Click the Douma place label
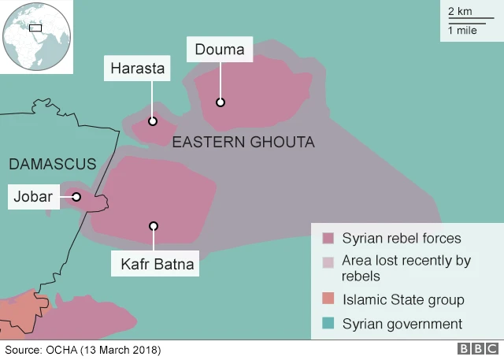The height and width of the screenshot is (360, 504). [220, 50]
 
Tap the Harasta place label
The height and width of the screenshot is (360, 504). [138, 69]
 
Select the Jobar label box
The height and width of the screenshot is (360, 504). [33, 197]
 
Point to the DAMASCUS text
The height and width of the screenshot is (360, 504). [52, 165]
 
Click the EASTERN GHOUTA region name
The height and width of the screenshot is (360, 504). [243, 143]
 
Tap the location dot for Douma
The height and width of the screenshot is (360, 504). [220, 102]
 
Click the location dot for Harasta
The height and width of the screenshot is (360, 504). [153, 121]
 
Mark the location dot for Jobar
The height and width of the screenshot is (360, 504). [76, 197]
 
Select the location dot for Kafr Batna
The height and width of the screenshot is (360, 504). [154, 226]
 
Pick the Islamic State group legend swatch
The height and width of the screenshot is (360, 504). [328, 299]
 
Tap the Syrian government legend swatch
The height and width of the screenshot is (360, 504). [328, 324]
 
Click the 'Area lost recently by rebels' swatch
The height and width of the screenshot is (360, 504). [328, 262]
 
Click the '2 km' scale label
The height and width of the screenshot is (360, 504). [461, 11]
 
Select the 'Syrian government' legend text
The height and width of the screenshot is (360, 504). [402, 324]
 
